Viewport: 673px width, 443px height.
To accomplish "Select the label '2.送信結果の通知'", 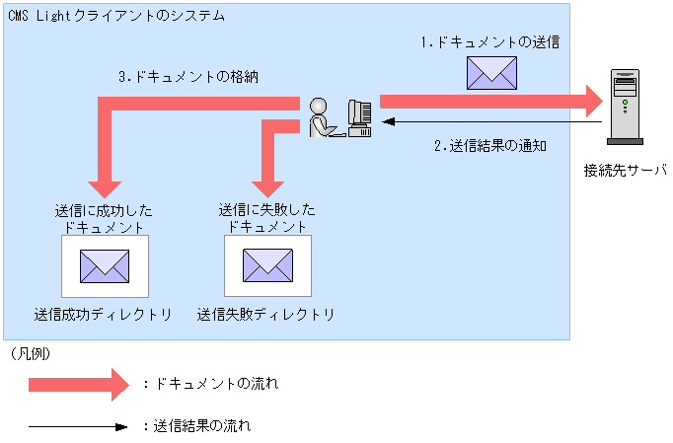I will (490, 145).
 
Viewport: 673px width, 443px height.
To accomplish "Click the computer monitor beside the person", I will (359, 116).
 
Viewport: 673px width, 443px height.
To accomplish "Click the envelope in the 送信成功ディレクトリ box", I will (105, 264).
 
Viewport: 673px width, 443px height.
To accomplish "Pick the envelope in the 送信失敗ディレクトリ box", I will (268, 264).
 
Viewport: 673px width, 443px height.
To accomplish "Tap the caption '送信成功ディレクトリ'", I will (103, 315).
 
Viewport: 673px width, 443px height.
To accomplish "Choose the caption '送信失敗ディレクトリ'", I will (265, 315).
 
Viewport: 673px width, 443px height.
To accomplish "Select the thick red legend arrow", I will (78, 384).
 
